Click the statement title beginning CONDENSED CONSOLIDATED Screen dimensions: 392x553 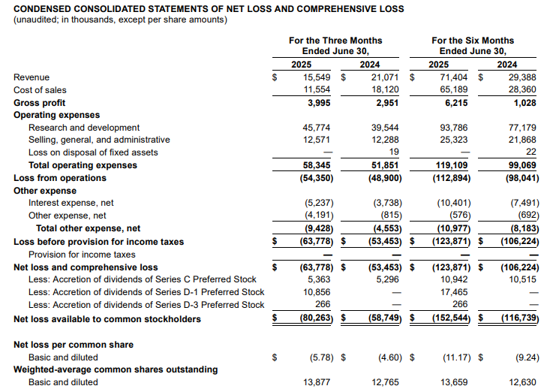(x=209, y=9)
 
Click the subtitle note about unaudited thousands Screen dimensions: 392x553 (x=120, y=19)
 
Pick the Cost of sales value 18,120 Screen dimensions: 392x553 (x=385, y=90)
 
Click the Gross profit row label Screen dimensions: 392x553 (x=39, y=103)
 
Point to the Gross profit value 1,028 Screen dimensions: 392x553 (x=522, y=103)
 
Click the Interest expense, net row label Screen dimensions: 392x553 (x=71, y=204)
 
